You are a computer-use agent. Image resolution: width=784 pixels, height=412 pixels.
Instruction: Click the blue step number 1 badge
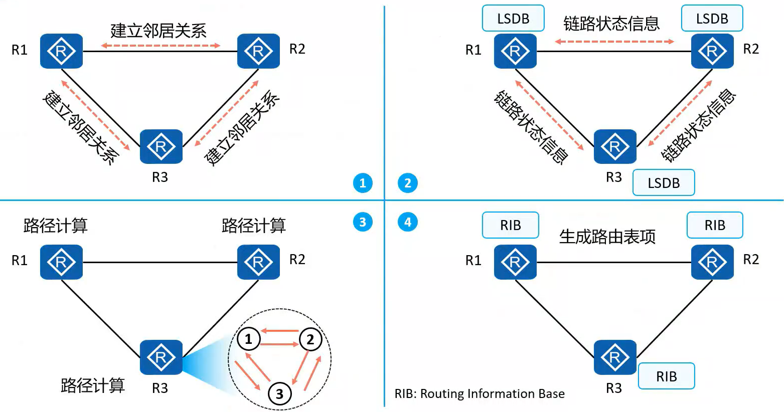(363, 183)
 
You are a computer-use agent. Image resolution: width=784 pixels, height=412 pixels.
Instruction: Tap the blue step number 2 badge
(407, 183)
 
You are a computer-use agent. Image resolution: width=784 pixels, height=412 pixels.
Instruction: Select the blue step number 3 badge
(363, 222)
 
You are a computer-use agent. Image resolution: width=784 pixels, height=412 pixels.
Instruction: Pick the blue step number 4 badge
(407, 222)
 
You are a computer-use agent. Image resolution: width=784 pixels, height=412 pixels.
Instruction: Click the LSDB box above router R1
(513, 19)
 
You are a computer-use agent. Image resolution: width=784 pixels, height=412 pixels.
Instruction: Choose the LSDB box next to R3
(664, 182)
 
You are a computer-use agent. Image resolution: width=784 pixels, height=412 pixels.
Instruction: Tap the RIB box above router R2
(715, 225)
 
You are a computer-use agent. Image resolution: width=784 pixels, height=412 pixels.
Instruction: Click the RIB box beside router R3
(666, 376)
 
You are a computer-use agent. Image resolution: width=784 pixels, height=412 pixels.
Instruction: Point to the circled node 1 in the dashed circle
(248, 339)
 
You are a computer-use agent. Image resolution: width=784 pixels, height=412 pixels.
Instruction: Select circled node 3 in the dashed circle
(279, 393)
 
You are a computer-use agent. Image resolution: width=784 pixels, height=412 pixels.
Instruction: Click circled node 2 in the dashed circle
(310, 339)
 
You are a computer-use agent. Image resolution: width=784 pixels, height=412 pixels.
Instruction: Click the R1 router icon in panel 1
(61, 51)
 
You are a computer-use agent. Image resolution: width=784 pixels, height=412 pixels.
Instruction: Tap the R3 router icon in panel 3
(161, 357)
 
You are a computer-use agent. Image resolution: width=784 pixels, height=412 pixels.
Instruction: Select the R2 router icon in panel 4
(712, 262)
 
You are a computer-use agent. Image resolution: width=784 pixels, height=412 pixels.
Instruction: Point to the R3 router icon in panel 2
(615, 146)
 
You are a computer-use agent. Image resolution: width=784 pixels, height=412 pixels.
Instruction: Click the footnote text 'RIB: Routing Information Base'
(480, 394)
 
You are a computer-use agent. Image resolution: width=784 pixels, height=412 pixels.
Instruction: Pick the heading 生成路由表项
(607, 237)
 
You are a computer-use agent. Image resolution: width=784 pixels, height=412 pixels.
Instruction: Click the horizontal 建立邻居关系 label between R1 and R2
(158, 31)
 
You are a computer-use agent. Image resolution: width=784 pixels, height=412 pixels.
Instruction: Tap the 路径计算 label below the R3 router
(93, 385)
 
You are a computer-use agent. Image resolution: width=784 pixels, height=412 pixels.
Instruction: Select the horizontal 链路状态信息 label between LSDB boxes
(611, 23)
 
